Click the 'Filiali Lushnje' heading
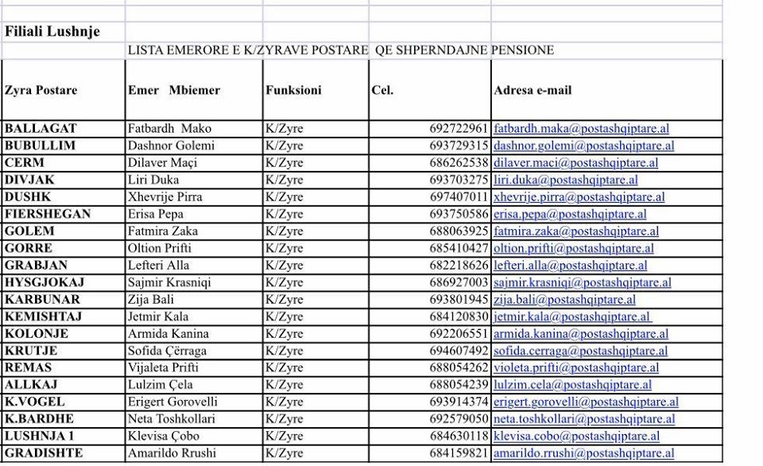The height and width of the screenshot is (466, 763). click(x=52, y=32)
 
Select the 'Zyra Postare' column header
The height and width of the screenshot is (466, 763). click(x=41, y=90)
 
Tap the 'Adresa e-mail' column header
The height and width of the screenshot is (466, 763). click(x=533, y=90)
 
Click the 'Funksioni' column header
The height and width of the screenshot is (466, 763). click(x=293, y=90)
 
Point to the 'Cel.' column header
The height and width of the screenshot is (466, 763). click(x=382, y=90)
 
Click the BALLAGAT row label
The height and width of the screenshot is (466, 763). click(x=41, y=128)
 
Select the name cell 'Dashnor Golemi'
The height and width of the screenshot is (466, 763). click(x=171, y=146)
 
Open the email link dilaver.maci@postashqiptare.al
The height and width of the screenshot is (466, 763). click(x=575, y=163)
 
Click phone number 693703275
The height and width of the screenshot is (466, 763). click(x=459, y=180)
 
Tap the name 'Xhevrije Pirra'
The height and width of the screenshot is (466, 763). click(x=165, y=196)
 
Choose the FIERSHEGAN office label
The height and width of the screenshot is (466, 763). click(x=48, y=214)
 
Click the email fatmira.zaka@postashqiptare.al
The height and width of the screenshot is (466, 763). click(x=575, y=231)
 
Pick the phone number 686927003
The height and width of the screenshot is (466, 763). click(x=459, y=282)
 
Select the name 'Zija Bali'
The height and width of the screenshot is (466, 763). click(x=150, y=300)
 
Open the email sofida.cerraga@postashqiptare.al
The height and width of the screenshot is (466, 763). click(x=580, y=351)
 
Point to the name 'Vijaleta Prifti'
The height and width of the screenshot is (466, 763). click(x=163, y=367)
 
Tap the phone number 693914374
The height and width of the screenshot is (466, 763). click(x=459, y=402)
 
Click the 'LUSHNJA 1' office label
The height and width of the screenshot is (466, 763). click(x=40, y=436)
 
